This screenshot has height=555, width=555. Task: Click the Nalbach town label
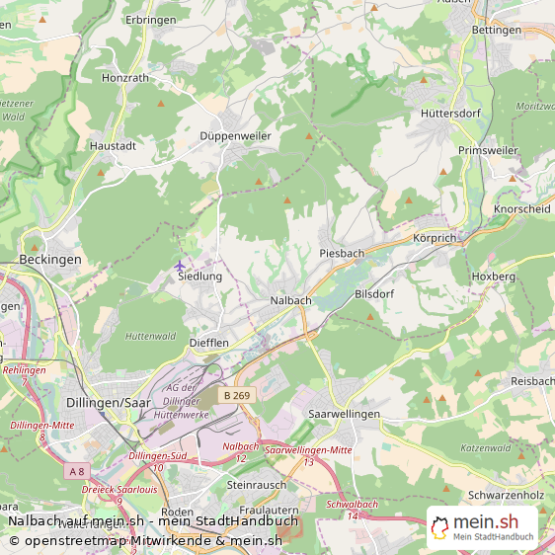click(x=290, y=299)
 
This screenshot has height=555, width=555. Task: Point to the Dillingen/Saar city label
click(x=109, y=403)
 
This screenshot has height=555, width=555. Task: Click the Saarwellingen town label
click(x=344, y=414)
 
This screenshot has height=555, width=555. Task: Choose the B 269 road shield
click(x=236, y=395)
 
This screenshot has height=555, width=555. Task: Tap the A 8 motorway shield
click(x=76, y=472)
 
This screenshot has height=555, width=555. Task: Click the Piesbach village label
click(x=342, y=253)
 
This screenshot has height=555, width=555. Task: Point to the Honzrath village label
click(x=124, y=77)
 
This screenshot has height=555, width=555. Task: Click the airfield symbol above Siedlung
click(x=179, y=266)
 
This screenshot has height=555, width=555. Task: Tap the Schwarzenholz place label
click(x=507, y=495)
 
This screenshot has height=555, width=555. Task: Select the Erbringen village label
click(x=151, y=20)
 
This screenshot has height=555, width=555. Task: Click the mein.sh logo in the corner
click(x=482, y=527)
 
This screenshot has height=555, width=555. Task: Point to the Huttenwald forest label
click(x=151, y=336)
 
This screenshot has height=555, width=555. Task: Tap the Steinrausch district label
click(x=256, y=485)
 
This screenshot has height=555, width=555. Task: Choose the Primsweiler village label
click(x=488, y=150)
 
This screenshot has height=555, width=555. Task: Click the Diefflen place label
click(x=208, y=343)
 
